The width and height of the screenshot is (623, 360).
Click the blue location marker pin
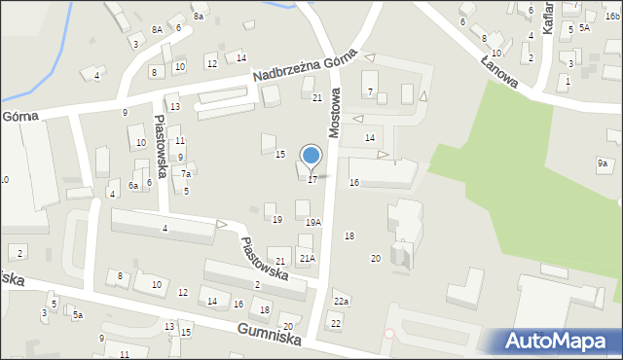[311, 156]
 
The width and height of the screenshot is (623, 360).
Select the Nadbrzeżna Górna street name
[305, 67]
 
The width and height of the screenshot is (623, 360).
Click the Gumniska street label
[268, 336]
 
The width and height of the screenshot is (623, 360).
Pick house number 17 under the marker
[311, 179]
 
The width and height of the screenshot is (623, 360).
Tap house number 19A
[312, 223]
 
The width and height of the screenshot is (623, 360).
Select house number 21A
[307, 258]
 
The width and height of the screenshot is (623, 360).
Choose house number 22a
[341, 303]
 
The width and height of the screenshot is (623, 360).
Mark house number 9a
[603, 163]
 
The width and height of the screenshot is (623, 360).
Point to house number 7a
[186, 173]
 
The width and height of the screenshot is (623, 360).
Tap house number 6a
[133, 185]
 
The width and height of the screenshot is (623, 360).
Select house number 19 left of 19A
[277, 220]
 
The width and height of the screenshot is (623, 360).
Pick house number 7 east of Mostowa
[370, 91]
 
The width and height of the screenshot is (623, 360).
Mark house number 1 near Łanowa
[568, 81]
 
